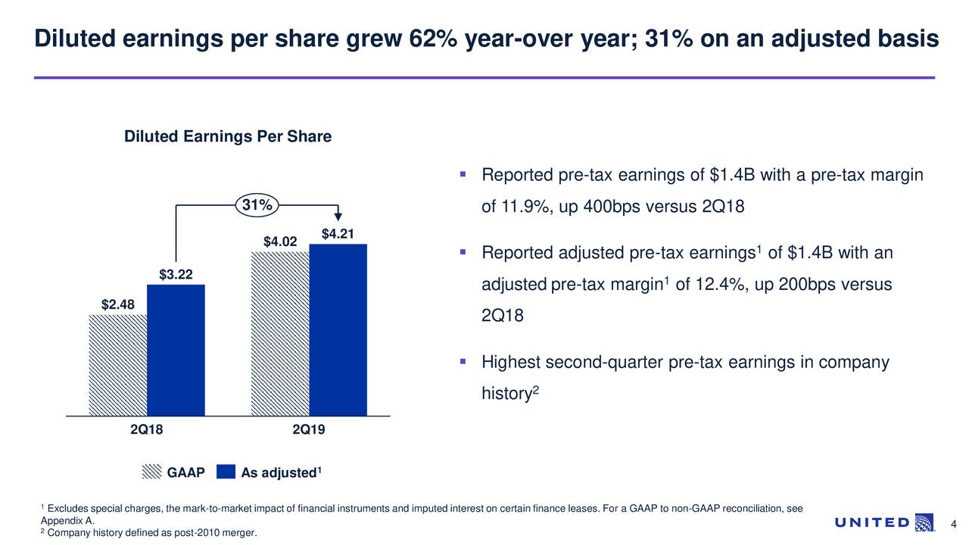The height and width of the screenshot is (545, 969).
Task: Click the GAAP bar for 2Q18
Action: [x=117, y=365]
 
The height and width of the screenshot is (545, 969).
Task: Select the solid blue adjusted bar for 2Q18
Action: [x=176, y=350]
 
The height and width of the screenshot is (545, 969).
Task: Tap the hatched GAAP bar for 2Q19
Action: [x=280, y=333]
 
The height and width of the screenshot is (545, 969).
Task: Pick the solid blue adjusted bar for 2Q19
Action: [x=338, y=329]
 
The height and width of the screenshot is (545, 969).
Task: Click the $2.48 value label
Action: [x=118, y=305]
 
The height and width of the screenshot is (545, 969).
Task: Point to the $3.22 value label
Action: [x=176, y=274]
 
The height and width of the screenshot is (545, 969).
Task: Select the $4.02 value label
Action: [x=280, y=241]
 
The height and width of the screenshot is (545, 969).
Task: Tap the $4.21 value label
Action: [x=338, y=234]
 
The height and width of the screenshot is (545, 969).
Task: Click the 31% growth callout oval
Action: [x=257, y=205]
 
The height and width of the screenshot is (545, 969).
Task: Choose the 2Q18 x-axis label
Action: [x=146, y=430]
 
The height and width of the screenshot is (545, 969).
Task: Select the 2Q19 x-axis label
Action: [x=308, y=430]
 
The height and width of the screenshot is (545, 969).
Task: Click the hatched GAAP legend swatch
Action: [x=151, y=472]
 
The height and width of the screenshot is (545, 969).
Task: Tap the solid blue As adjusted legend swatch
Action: [x=226, y=472]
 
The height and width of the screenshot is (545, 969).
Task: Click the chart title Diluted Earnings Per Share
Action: [x=228, y=137]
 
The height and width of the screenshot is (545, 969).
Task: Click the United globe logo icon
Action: [x=924, y=522]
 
